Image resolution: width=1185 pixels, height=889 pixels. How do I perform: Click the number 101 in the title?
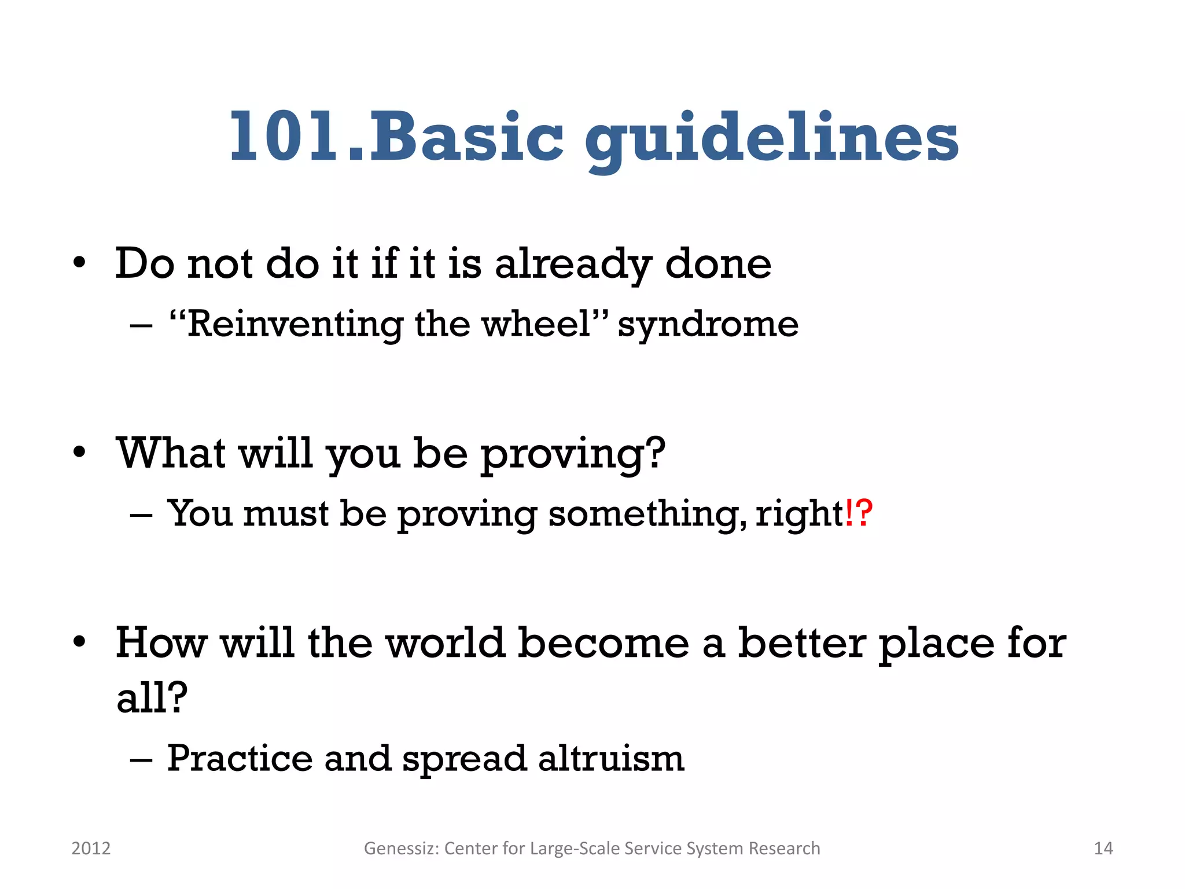288,137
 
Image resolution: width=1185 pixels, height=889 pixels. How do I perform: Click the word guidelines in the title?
771,139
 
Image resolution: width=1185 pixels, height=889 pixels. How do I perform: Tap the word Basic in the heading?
466,137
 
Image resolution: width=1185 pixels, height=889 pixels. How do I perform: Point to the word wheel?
536,324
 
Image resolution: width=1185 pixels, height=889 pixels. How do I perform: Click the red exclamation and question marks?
858,513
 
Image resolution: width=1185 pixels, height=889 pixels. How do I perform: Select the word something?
642,514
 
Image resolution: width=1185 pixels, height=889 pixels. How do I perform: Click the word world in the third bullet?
444,643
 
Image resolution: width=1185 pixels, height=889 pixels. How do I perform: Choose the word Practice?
239,759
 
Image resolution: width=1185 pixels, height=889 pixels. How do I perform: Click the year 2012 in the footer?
91,848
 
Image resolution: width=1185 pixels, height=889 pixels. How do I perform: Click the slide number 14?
1103,848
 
